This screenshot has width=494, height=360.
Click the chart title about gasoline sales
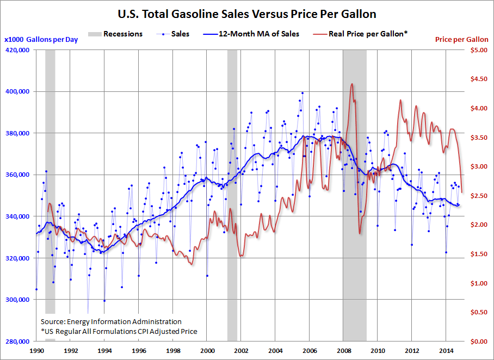point(247,14)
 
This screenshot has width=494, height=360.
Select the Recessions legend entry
point(116,34)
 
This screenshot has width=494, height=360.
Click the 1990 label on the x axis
point(36,351)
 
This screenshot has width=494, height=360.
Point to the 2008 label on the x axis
point(344,351)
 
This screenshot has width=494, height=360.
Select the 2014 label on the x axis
point(446,351)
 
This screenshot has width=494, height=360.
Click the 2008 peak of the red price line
point(352,84)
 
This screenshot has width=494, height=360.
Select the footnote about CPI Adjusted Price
point(119,331)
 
